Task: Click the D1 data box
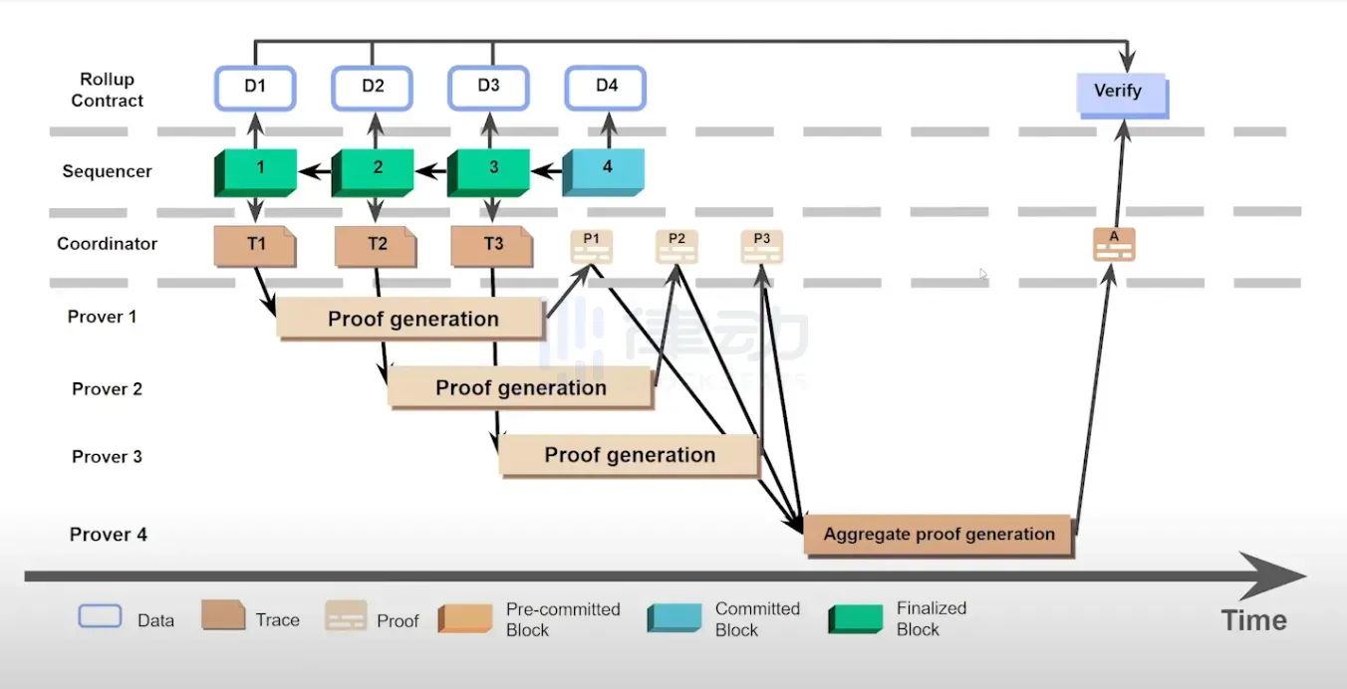click(x=255, y=89)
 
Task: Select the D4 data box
click(x=606, y=89)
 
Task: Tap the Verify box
click(x=1122, y=96)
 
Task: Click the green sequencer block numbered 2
click(x=373, y=173)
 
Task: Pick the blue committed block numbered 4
click(x=603, y=173)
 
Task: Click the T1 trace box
click(x=255, y=246)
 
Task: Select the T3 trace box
click(x=492, y=246)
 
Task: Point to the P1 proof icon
click(x=591, y=246)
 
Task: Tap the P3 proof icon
click(x=762, y=246)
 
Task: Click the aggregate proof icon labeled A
click(x=1114, y=245)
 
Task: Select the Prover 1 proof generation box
click(x=410, y=319)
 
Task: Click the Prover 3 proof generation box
click(x=631, y=456)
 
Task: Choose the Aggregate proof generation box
click(x=939, y=536)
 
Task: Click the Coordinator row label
click(x=107, y=244)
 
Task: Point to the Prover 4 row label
click(x=109, y=534)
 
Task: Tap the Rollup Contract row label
click(x=107, y=90)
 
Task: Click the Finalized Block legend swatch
click(x=856, y=618)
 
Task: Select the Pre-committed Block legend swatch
click(x=465, y=618)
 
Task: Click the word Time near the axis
click(x=1253, y=620)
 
